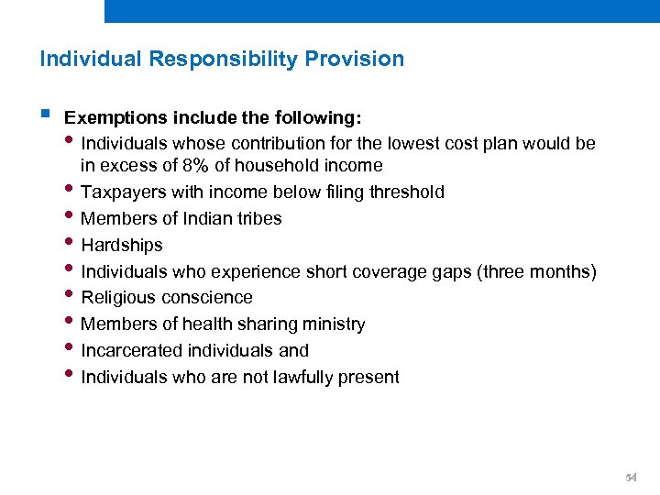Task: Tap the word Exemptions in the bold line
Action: (x=107, y=118)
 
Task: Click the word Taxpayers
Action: (x=123, y=192)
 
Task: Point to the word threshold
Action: (x=406, y=192)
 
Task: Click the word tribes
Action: (x=259, y=219)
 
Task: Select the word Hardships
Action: (x=122, y=246)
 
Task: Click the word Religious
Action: (x=118, y=298)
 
